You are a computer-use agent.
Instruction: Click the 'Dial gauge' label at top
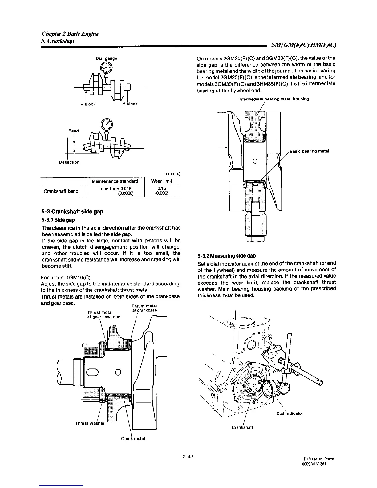click(106, 58)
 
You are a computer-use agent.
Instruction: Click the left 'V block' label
click(88, 104)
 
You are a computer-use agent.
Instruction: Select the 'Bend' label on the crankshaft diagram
click(74, 131)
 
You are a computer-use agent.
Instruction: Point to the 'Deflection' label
click(69, 162)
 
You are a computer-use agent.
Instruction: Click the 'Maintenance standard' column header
click(116, 181)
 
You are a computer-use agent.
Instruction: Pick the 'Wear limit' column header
click(162, 181)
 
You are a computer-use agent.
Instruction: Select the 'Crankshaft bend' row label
click(61, 191)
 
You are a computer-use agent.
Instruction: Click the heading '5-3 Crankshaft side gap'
click(72, 212)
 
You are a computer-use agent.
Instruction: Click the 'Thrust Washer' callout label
click(90, 423)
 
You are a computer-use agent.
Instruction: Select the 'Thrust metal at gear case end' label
click(104, 315)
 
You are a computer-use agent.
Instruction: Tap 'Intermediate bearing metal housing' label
click(274, 99)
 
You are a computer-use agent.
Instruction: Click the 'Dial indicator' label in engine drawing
click(290, 413)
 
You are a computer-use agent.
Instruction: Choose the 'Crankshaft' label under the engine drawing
click(242, 427)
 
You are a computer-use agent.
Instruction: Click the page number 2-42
click(188, 456)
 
